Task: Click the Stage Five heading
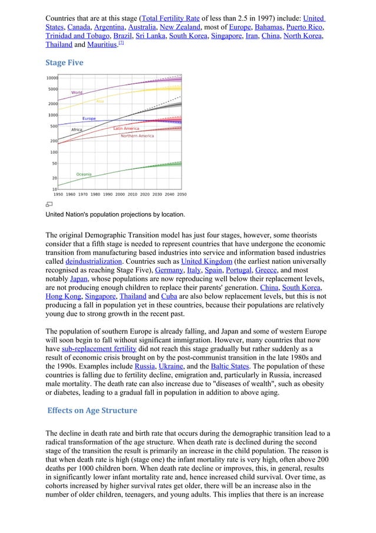(64, 63)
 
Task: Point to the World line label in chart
(77, 93)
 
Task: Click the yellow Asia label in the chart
(100, 102)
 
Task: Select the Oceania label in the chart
(84, 174)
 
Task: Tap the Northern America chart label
(137, 136)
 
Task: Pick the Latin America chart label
(126, 128)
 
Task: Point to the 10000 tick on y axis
(52, 78)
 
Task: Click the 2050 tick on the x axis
(182, 194)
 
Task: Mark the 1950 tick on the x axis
(58, 194)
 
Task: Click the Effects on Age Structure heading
(93, 410)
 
